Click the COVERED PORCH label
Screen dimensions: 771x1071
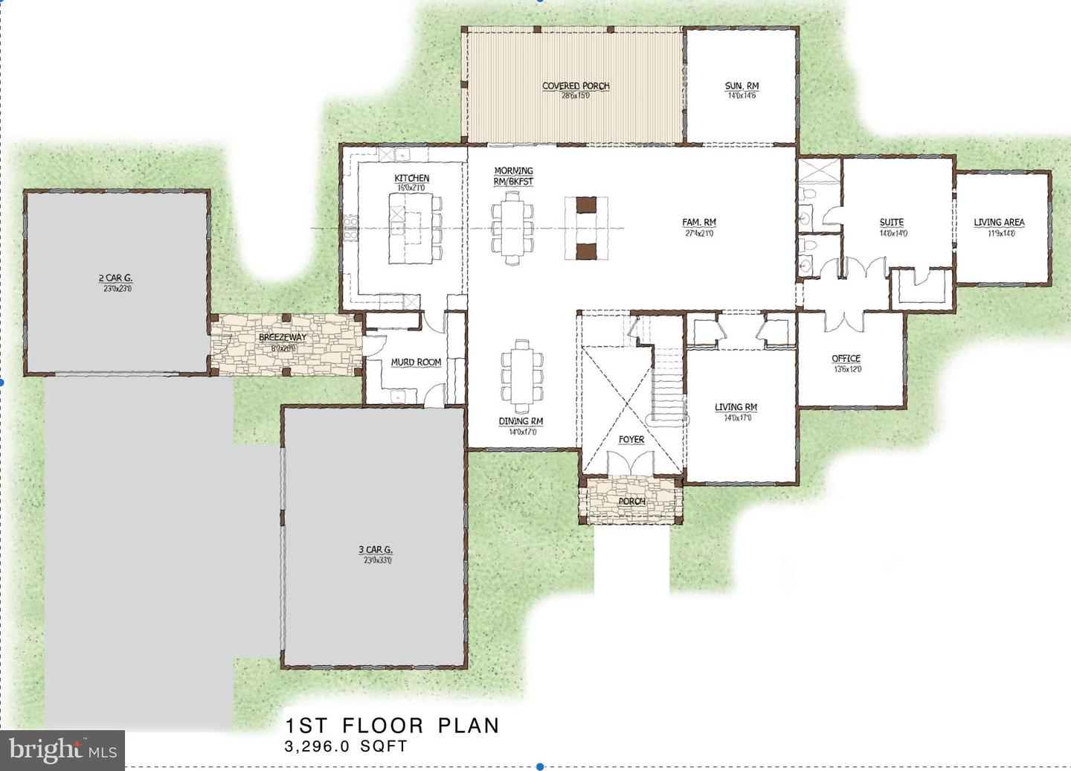point(576,86)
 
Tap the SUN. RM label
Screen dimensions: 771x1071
point(742,86)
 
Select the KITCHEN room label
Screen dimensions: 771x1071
point(411,179)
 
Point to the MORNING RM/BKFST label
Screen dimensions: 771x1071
point(513,176)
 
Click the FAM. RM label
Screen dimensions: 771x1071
point(699,223)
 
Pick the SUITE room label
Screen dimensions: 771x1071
point(892,223)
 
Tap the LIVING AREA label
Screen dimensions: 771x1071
point(999,223)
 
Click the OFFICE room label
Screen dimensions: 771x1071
point(846,359)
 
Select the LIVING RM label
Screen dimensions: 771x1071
point(736,407)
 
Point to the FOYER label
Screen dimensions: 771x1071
point(631,440)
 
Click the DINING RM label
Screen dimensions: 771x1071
point(521,421)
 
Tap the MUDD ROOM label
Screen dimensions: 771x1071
point(416,362)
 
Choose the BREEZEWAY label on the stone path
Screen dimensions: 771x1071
point(283,338)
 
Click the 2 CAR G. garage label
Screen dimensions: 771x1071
point(116,278)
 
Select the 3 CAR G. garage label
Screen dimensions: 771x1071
point(376,550)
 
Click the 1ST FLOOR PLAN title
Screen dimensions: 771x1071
point(393,726)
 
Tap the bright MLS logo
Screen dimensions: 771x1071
point(62,749)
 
